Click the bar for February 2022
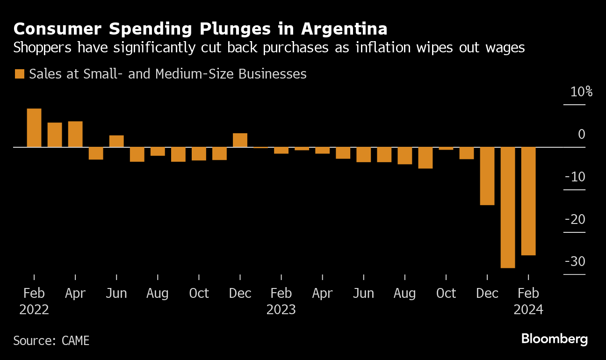(34, 128)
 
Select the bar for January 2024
(508, 207)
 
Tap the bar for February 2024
(528, 201)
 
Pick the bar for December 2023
(487, 176)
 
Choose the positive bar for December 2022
(240, 140)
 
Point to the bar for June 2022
(116, 141)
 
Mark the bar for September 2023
(426, 158)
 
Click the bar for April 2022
(75, 134)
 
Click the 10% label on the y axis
(581, 92)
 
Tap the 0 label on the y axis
(581, 135)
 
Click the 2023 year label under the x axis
(281, 310)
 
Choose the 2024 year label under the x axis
(528, 310)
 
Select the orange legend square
(19, 74)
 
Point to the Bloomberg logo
(555, 339)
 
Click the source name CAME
(75, 340)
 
